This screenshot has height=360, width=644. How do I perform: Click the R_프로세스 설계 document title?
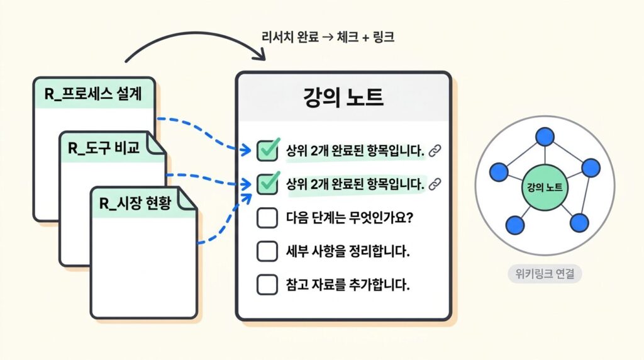(x=92, y=95)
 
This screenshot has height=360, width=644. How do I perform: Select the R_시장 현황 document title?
(x=136, y=203)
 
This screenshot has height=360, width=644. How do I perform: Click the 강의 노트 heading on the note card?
(x=343, y=98)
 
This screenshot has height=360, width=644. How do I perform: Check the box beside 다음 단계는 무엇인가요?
(x=267, y=218)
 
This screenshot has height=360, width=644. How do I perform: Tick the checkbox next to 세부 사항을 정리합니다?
(x=267, y=251)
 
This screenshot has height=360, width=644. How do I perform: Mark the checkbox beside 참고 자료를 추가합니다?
(x=267, y=284)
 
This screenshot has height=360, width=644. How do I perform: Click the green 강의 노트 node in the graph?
(x=545, y=187)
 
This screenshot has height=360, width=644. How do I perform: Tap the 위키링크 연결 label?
(x=545, y=274)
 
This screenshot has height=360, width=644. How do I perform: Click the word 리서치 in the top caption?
(x=277, y=37)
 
